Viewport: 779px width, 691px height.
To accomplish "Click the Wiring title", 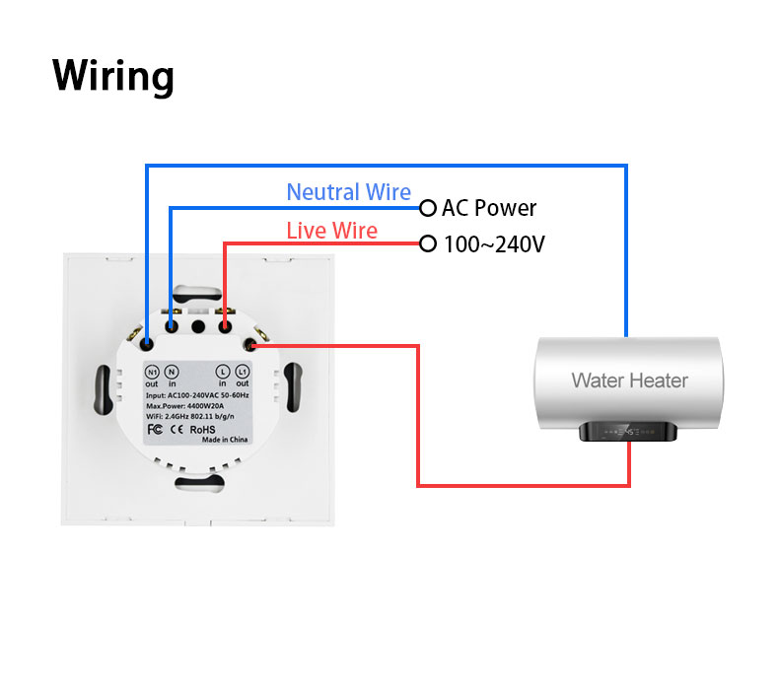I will click(x=112, y=76).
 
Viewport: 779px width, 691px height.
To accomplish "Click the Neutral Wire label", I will click(x=348, y=192).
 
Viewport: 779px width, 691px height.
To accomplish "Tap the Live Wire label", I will click(x=331, y=231).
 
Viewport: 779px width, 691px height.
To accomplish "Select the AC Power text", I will click(x=489, y=208).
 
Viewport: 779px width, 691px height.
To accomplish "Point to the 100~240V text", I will click(x=494, y=243).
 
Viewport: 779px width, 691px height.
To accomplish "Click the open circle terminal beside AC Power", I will click(x=427, y=208).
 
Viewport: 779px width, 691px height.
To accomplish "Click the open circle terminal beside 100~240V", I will click(x=427, y=243).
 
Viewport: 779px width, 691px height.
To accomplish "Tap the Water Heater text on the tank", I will click(x=629, y=380).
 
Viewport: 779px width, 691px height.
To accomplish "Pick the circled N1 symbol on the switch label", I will click(x=152, y=372).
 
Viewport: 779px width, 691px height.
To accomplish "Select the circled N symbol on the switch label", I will click(x=172, y=372).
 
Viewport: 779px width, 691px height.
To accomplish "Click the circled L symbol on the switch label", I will click(x=223, y=372).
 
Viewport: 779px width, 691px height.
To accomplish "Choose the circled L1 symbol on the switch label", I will click(x=243, y=372).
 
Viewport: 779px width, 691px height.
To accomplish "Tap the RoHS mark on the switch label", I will click(x=202, y=429).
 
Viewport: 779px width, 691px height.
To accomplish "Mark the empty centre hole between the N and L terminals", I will click(x=197, y=325).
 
